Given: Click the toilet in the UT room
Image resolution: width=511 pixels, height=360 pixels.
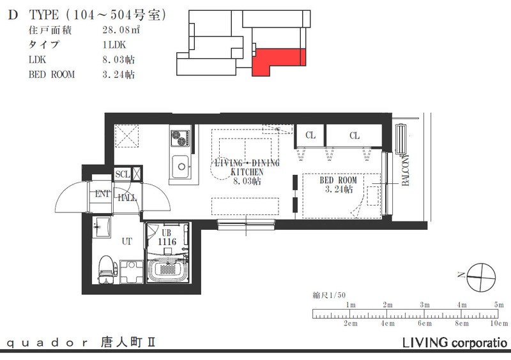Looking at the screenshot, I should pyautogui.click(x=105, y=269).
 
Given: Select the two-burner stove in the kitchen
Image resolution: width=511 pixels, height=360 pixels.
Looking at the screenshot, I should pyautogui.click(x=179, y=138).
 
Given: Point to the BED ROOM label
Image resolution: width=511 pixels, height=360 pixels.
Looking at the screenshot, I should pyautogui.click(x=338, y=181).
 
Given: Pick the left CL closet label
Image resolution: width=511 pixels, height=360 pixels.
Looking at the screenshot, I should pyautogui.click(x=310, y=135).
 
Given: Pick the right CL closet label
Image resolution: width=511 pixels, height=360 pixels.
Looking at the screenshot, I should pyautogui.click(x=355, y=135).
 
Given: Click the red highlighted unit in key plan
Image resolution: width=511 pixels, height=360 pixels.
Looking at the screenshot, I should pyautogui.click(x=275, y=62).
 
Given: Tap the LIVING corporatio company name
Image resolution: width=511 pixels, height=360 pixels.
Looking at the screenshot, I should pyautogui.click(x=454, y=343).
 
